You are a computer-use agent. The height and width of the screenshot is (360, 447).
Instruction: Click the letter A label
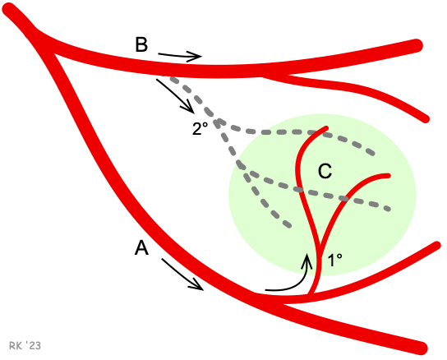tap(141, 247)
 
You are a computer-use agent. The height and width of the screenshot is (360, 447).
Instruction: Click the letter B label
tap(141, 44)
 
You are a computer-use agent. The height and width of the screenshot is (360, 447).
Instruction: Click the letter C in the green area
tap(325, 171)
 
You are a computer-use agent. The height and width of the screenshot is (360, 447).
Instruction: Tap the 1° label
tap(335, 261)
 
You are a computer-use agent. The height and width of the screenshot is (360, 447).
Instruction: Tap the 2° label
tap(200, 128)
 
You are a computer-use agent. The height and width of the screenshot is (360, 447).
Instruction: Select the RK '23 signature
tap(25, 346)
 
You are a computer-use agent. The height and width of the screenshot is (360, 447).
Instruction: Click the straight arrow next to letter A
tap(182, 275)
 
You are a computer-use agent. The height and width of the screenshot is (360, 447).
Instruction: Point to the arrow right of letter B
tap(180, 56)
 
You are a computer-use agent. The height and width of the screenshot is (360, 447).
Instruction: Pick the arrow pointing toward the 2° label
tap(175, 96)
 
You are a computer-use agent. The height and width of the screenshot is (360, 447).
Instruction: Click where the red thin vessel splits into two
tap(319, 248)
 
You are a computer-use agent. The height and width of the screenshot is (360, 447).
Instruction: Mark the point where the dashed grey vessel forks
tap(219, 123)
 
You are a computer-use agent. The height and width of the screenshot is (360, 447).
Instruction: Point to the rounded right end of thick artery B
tap(417, 46)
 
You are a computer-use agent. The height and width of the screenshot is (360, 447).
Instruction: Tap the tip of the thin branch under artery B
tap(426, 119)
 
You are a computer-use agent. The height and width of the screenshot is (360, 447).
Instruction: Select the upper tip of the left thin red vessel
tap(326, 128)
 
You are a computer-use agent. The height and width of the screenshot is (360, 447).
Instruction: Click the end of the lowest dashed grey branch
tap(289, 226)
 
